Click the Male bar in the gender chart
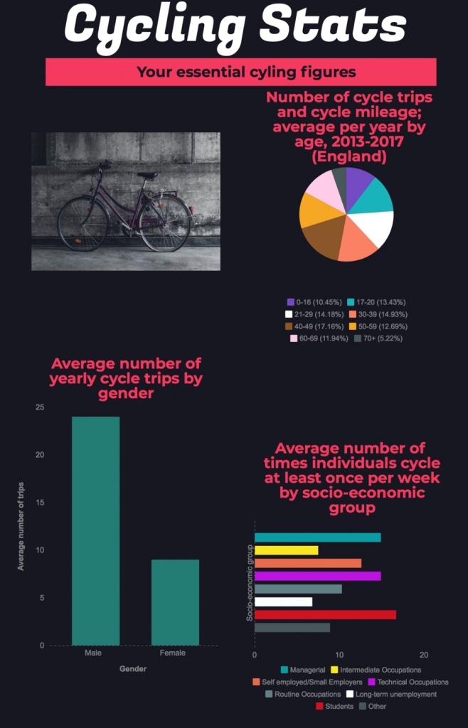pyautogui.click(x=95, y=530)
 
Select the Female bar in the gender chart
pyautogui.click(x=175, y=602)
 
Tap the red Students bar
pyautogui.click(x=326, y=615)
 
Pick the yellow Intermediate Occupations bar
pyautogui.click(x=287, y=550)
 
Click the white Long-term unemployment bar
pyautogui.click(x=283, y=601)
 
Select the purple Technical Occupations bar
pyautogui.click(x=317, y=576)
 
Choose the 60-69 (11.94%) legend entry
pyautogui.click(x=319, y=338)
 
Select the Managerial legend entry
pyautogui.click(x=303, y=670)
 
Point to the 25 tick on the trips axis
pyautogui.click(x=39, y=407)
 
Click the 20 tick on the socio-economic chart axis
pyautogui.click(x=423, y=655)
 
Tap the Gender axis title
pyautogui.click(x=133, y=668)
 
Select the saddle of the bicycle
pyautogui.click(x=147, y=176)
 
